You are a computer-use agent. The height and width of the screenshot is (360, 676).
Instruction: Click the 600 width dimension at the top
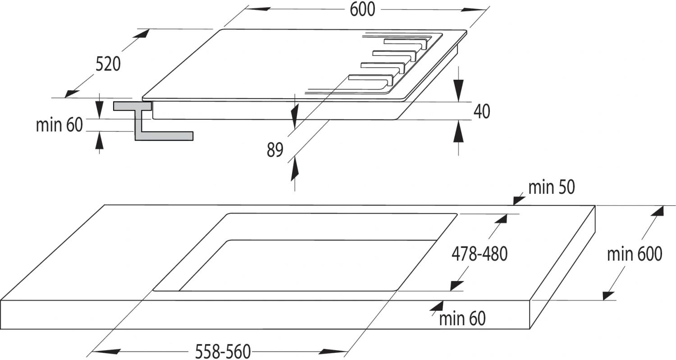(362, 9)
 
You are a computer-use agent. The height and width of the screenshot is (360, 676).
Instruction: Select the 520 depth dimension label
(108, 64)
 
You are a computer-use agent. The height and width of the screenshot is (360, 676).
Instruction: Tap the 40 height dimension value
(482, 111)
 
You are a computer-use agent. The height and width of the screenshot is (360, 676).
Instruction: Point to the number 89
(275, 150)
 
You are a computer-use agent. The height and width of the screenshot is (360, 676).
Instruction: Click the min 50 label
(552, 187)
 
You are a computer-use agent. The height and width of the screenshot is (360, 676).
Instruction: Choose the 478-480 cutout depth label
(480, 254)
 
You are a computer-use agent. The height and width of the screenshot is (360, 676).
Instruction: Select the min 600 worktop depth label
(635, 254)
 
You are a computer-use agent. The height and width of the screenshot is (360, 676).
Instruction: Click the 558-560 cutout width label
(223, 351)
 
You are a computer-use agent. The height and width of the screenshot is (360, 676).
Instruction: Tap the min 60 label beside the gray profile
(59, 125)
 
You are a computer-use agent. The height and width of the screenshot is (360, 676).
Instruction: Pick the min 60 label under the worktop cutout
(462, 319)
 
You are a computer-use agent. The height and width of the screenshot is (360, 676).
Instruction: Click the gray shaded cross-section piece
(153, 121)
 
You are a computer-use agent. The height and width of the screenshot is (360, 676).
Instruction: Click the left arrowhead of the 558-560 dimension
(105, 352)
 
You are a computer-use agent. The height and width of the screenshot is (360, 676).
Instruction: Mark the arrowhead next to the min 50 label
(519, 201)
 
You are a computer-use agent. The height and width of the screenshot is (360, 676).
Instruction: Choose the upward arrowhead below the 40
(459, 131)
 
